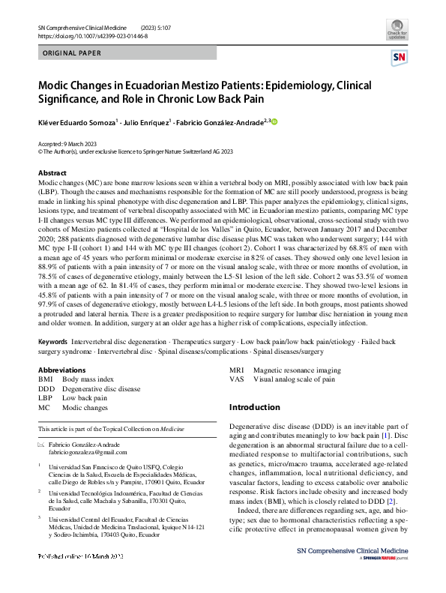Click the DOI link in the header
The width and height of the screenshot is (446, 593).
(92, 35)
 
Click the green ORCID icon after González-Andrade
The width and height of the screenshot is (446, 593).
(274, 122)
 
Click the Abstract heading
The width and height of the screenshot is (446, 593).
(52, 173)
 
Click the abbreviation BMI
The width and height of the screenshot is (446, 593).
(46, 381)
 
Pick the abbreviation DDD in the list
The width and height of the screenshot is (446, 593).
(46, 390)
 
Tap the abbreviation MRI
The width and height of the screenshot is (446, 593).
(237, 371)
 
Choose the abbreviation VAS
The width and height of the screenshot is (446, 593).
(237, 380)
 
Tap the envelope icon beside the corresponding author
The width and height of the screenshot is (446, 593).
(41, 444)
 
